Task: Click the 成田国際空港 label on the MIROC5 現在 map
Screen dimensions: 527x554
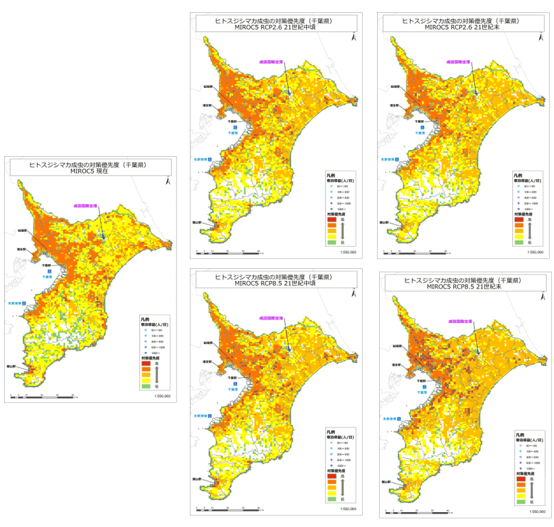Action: (x=88, y=205)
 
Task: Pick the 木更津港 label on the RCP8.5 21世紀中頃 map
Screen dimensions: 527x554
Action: (x=201, y=415)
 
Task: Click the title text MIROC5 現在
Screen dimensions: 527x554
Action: (x=89, y=172)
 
